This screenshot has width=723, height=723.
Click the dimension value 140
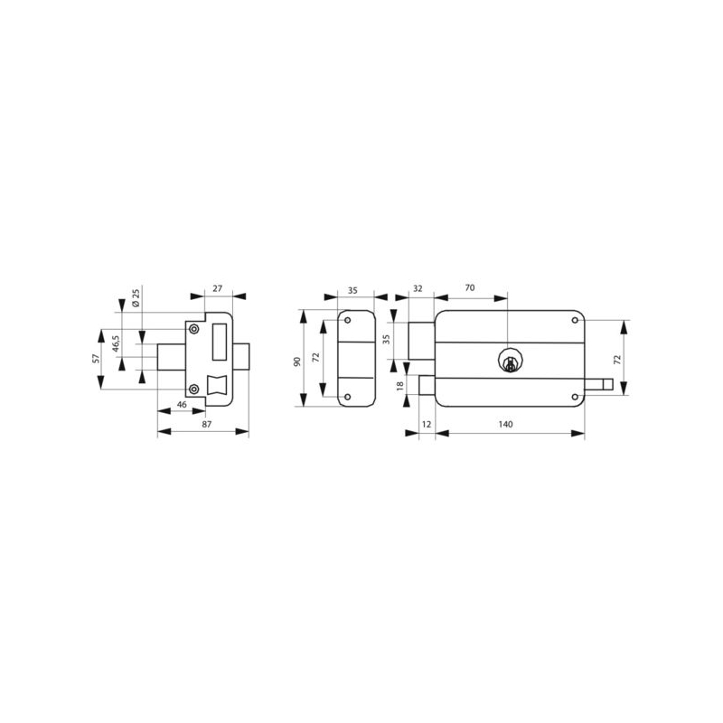pyautogui.click(x=505, y=424)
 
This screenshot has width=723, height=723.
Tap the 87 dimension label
pyautogui.click(x=207, y=424)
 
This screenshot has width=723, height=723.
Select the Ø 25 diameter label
pyautogui.click(x=136, y=298)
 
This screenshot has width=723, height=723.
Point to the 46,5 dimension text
pyautogui.click(x=117, y=343)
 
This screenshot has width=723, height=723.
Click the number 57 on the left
pyautogui.click(x=96, y=358)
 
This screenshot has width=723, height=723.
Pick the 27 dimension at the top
pyautogui.click(x=218, y=288)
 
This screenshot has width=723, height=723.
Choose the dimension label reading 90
pyautogui.click(x=297, y=361)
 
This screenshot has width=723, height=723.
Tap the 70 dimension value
pyautogui.click(x=470, y=288)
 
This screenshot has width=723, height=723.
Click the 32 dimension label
pyautogui.click(x=418, y=288)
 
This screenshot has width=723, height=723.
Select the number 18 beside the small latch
pyautogui.click(x=399, y=386)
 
